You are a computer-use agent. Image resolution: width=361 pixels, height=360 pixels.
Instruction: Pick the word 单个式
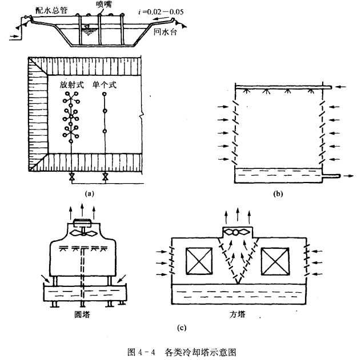105,85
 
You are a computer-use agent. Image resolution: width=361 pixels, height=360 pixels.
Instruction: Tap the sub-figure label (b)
279,193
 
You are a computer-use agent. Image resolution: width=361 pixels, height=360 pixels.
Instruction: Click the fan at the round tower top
83,233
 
